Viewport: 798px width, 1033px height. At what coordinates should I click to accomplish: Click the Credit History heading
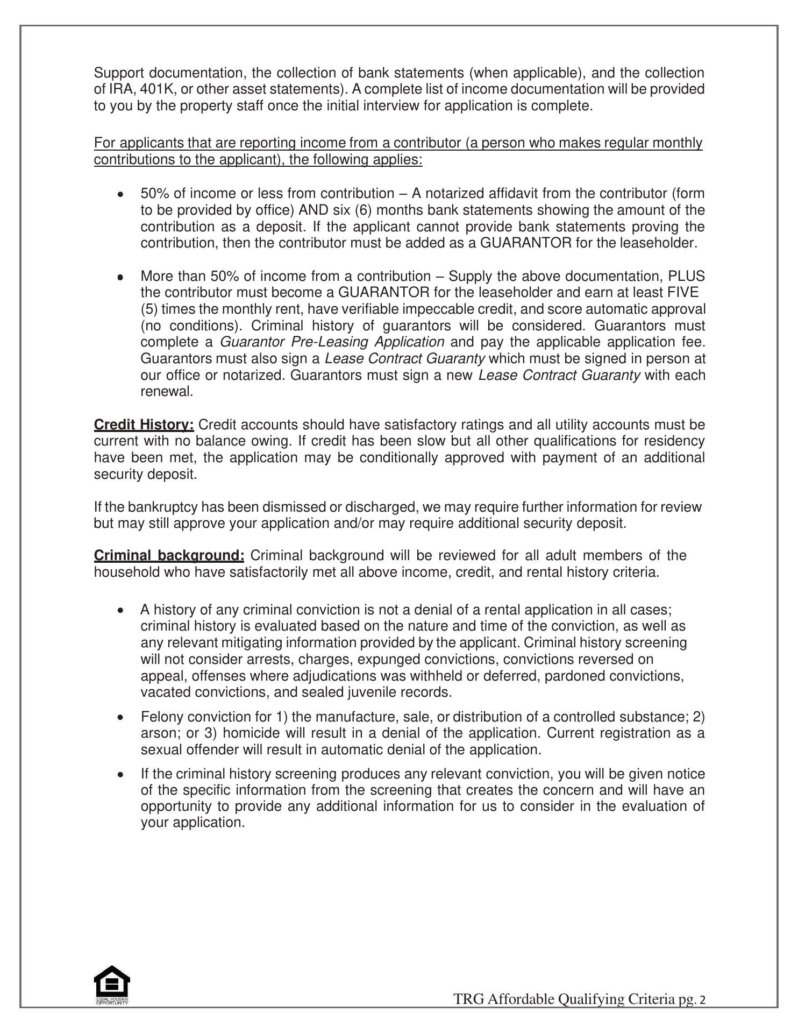tap(144, 425)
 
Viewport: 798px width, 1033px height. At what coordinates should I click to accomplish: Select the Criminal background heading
tap(169, 556)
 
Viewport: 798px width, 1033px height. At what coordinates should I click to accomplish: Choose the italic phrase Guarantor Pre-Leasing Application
tap(332, 342)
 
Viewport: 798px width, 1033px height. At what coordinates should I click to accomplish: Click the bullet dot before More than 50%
tap(120, 277)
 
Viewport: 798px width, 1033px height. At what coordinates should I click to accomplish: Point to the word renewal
tap(166, 392)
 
